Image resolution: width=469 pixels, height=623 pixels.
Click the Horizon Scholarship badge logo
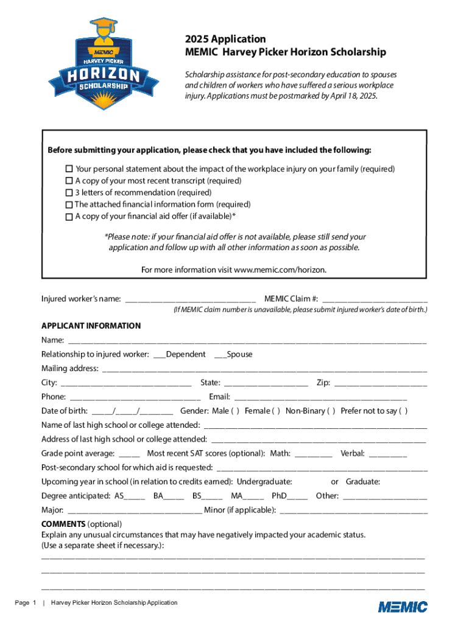(97, 64)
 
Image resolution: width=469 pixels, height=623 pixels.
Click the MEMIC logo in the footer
(403, 606)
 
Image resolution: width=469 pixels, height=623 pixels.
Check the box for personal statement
(69, 169)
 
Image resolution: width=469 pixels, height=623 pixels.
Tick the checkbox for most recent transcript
(69, 181)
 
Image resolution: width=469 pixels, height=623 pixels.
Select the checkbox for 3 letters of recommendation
(69, 192)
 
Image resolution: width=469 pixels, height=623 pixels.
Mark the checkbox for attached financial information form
(69, 204)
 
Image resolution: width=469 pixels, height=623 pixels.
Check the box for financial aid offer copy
(69, 217)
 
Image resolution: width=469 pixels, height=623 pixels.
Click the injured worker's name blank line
(189, 299)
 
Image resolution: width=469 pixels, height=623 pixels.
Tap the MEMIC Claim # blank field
(375, 299)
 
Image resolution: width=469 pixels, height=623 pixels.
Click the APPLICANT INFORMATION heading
(91, 326)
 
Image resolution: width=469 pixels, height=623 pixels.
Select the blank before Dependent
(160, 355)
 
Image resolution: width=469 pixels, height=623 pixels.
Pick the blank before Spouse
(220, 355)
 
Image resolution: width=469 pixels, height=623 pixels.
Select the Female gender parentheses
(276, 411)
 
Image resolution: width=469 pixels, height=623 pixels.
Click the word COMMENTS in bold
(63, 524)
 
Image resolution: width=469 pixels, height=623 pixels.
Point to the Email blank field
(320, 397)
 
